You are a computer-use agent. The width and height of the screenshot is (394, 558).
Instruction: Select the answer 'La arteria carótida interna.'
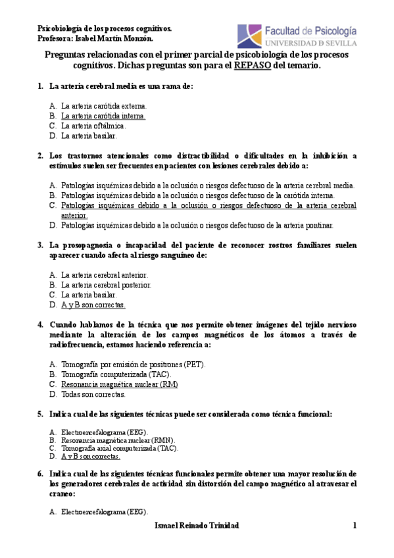coord(103,116)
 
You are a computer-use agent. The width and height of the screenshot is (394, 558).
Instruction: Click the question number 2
coord(40,156)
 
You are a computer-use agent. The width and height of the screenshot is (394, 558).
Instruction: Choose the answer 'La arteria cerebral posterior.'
coord(106,285)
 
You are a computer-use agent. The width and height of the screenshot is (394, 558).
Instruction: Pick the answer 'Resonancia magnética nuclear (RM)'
coord(119,384)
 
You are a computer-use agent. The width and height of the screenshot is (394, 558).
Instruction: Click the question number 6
coord(40,474)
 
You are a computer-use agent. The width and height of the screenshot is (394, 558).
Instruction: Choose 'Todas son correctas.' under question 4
coord(93,395)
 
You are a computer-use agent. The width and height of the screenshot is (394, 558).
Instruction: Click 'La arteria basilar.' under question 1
coord(89,136)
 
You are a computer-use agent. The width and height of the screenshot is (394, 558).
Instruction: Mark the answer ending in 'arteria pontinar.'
coord(197,225)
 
